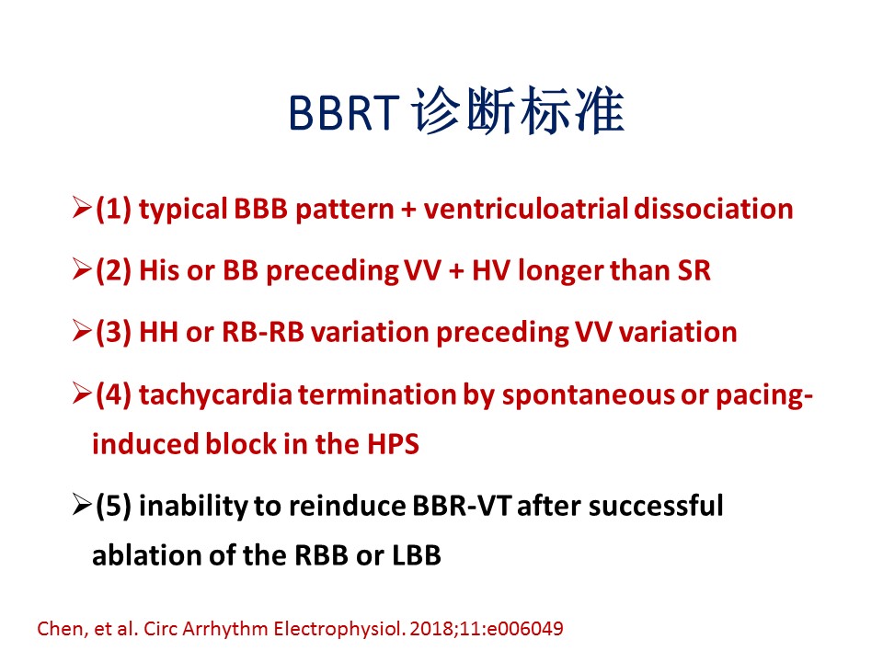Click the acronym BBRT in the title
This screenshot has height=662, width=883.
(x=344, y=112)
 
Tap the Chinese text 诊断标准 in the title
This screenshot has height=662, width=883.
(x=518, y=111)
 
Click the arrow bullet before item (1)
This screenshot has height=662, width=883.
(x=82, y=208)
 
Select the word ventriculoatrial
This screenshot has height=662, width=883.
(x=526, y=209)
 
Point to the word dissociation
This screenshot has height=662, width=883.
(x=714, y=209)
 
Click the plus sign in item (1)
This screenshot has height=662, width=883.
(x=408, y=210)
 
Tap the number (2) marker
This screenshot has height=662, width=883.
(x=113, y=270)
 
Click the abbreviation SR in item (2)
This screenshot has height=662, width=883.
(x=694, y=270)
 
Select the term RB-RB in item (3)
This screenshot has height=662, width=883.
(x=263, y=332)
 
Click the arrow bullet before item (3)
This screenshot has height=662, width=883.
(x=82, y=331)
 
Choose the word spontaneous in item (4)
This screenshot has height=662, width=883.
(x=588, y=395)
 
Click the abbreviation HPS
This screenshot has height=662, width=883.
(x=393, y=444)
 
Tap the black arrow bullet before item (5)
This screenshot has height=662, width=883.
(x=82, y=505)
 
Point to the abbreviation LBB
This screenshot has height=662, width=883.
(x=417, y=555)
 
